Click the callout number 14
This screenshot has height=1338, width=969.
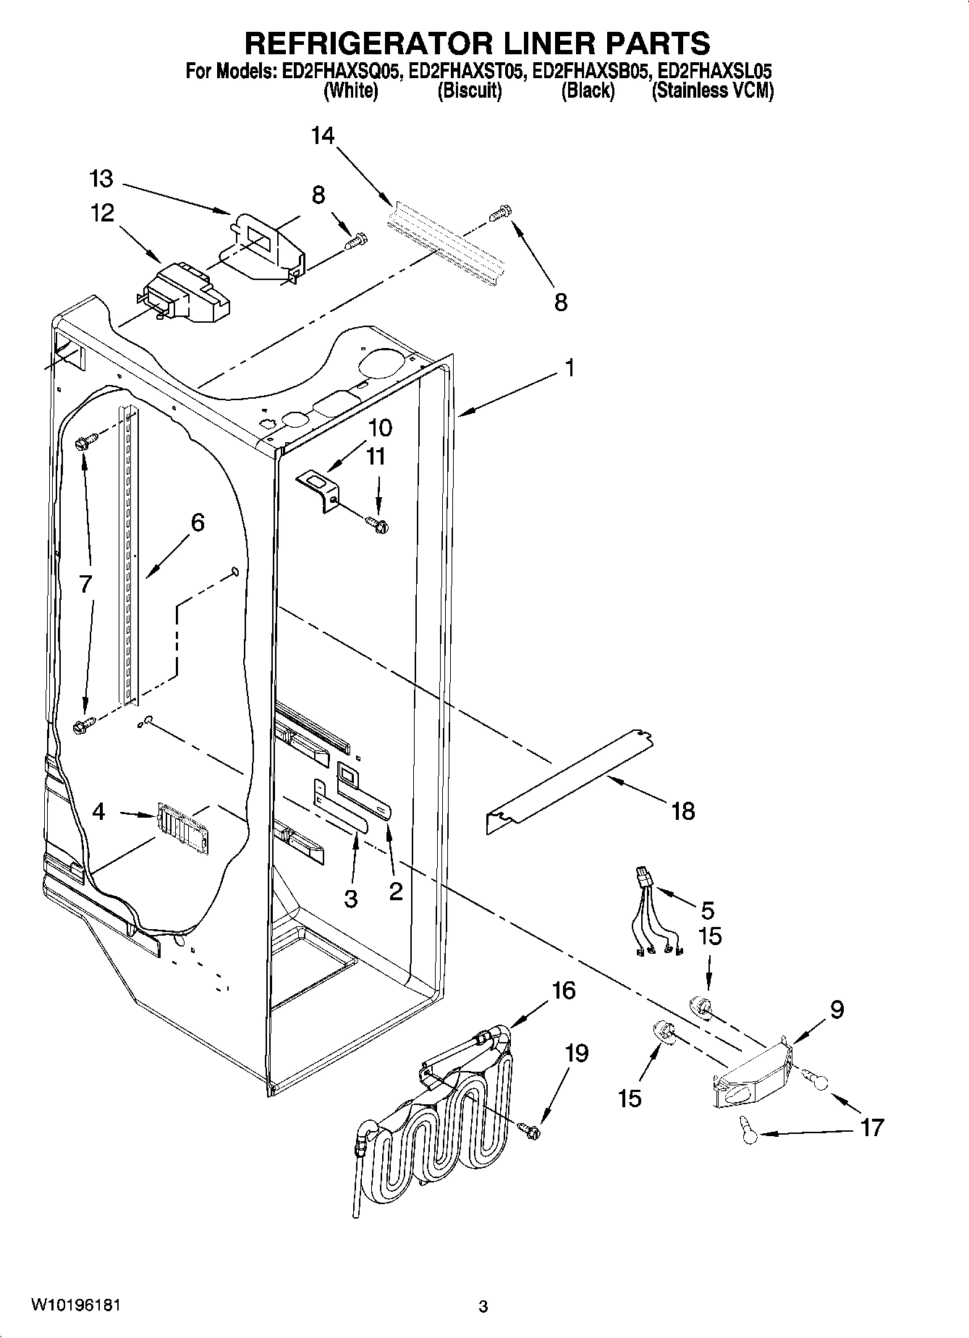323,135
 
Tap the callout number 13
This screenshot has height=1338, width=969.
102,179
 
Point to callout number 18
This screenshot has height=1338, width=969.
682,811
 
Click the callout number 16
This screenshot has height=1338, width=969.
564,990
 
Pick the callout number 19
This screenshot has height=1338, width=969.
577,1053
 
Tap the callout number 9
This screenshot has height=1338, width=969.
837,1009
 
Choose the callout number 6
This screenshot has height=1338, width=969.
198,522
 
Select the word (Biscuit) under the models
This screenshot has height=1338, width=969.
469,91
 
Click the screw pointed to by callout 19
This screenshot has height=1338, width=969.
530,1128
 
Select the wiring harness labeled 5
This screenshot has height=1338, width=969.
655,923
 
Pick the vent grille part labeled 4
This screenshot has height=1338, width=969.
181,823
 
